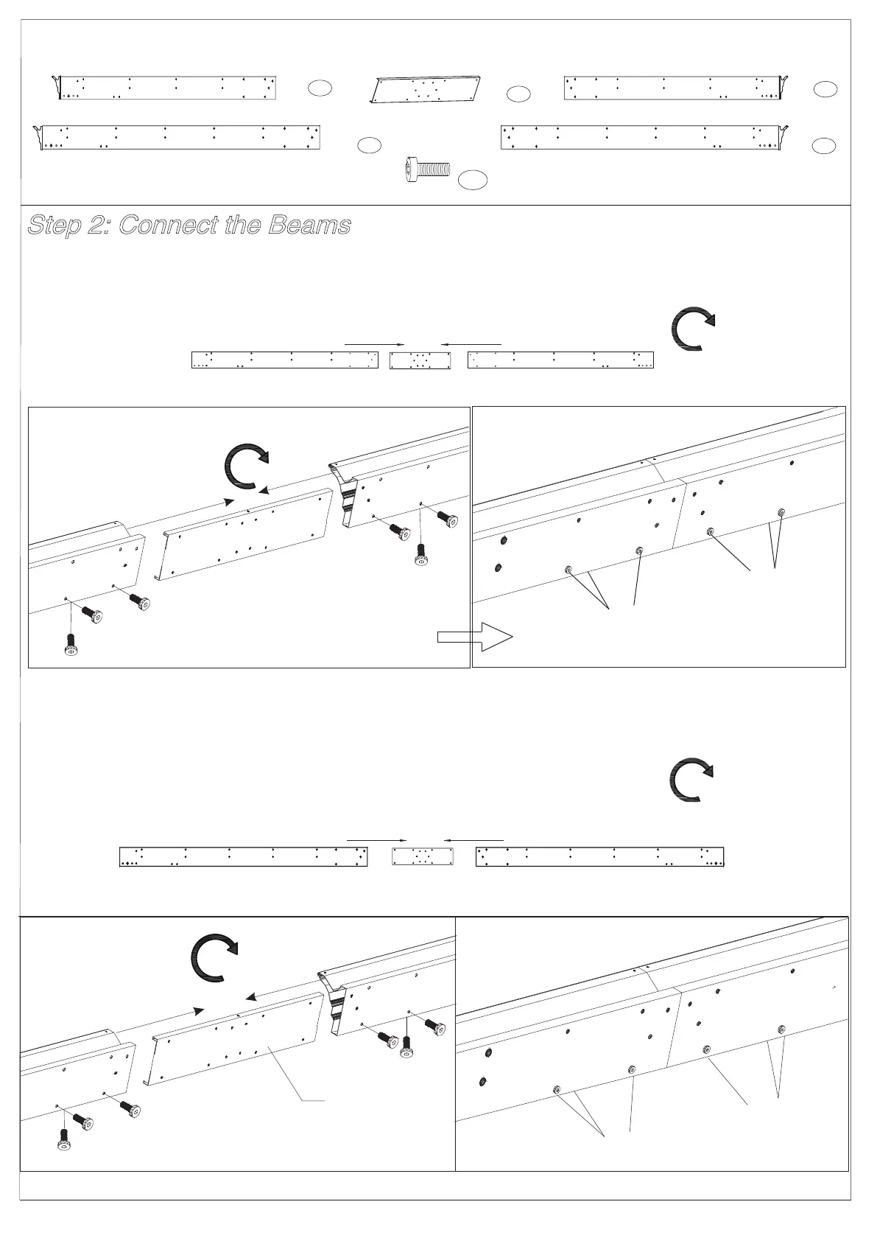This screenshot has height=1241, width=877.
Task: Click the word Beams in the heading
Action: tap(309, 225)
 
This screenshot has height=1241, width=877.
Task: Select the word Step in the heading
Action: tap(55, 225)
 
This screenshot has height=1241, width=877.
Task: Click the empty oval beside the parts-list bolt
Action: tap(473, 179)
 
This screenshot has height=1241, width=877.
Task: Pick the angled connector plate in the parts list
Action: tap(425, 90)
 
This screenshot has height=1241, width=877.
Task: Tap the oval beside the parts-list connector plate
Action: tap(518, 94)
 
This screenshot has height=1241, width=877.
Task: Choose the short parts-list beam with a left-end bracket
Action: tap(166, 87)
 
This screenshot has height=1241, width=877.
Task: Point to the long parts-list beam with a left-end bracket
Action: tap(180, 138)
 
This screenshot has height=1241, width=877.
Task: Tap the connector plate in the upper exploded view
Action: tap(243, 534)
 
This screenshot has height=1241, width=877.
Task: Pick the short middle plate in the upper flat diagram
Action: tap(420, 360)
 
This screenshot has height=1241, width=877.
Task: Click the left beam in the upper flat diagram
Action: tap(284, 360)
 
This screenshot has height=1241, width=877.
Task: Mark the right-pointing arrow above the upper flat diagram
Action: tap(376, 344)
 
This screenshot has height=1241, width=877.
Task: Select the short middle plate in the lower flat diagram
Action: tap(422, 856)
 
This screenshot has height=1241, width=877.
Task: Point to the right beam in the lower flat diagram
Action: tap(600, 856)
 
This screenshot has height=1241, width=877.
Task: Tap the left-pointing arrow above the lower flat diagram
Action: tap(473, 839)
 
